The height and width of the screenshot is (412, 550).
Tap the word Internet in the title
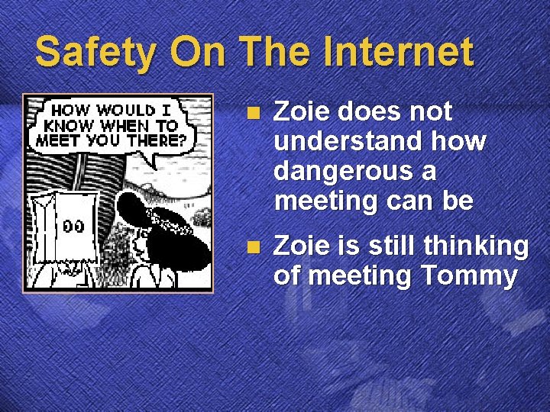(x=399, y=52)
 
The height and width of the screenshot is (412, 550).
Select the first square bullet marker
(x=254, y=113)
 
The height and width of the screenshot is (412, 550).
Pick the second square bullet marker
(x=254, y=246)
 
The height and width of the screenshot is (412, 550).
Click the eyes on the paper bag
(x=73, y=227)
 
